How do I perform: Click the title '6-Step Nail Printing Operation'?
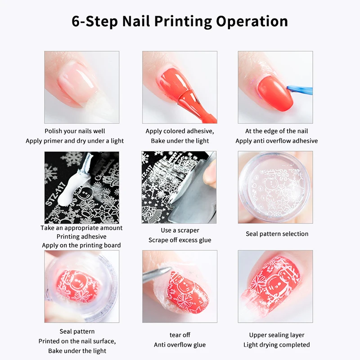[x=180, y=21]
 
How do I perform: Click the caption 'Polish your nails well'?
[x=75, y=131]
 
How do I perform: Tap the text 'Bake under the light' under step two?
[x=180, y=141]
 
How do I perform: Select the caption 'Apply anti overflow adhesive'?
[x=276, y=141]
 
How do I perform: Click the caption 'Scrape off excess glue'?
[x=180, y=240]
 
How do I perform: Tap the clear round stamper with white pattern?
[x=274, y=187]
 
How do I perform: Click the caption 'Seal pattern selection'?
[x=277, y=234]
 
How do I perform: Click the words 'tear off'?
[x=180, y=335]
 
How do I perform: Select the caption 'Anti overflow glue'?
[x=180, y=345]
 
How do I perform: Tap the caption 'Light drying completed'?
[x=276, y=345]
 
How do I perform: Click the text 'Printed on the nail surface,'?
[x=77, y=341]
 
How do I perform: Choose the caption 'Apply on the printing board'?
[x=81, y=245]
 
